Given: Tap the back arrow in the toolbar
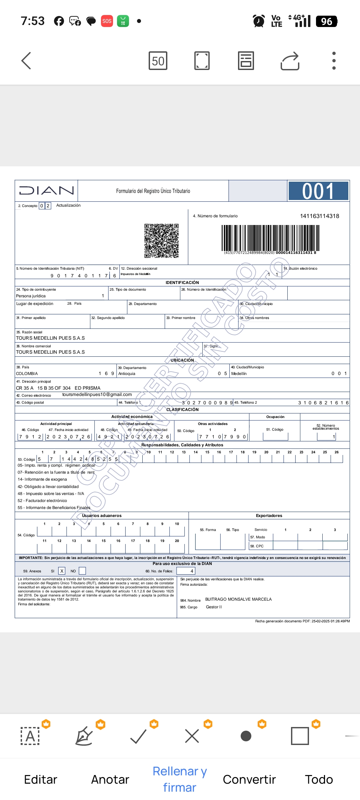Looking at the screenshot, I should [26, 61].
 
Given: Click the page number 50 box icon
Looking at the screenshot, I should [158, 61].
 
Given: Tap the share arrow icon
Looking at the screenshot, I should [290, 61].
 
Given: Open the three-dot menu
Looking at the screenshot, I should [334, 61].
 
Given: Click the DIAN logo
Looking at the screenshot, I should [46, 191].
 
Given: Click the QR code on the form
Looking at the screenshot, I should [161, 241].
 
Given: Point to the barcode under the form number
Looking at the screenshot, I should [270, 238].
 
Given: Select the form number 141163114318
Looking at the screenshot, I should [319, 216].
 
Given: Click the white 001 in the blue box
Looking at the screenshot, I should [318, 191].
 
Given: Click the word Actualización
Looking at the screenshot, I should [68, 205].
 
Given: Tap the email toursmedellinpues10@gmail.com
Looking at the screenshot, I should [97, 395].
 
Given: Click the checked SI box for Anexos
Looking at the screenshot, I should [62, 571].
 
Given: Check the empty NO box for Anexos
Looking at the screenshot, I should [82, 571].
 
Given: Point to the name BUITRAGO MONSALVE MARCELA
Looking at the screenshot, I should [238, 599].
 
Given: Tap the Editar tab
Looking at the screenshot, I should [41, 779].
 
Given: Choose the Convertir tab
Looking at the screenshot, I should [249, 779].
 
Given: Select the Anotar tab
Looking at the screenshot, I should [110, 779].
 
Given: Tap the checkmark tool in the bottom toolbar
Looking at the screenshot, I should [138, 736].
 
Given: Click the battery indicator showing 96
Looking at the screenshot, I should [326, 21].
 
